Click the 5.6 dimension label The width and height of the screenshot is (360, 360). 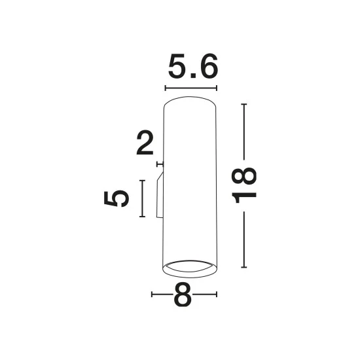193,66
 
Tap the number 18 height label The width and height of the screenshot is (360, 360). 244,185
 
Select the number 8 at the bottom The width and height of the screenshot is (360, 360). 183,295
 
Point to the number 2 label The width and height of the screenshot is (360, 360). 145,143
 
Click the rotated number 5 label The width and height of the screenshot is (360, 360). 116,198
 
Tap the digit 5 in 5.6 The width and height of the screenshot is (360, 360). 177,66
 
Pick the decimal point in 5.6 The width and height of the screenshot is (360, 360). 192,76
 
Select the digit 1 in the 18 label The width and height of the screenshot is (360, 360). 244,198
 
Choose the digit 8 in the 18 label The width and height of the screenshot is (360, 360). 244,176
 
